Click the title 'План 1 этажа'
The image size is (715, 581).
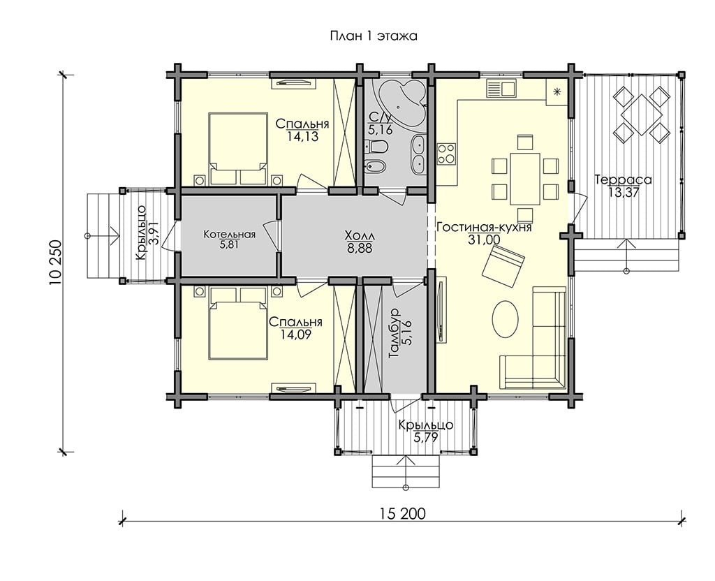(x=374, y=36)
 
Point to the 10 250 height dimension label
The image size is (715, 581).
(x=56, y=263)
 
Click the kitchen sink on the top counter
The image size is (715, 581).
(x=501, y=87)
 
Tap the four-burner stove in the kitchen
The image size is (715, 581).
(x=446, y=154)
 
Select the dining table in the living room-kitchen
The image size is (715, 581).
(x=525, y=179)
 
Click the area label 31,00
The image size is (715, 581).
(x=484, y=240)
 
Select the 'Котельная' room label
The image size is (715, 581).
(x=229, y=235)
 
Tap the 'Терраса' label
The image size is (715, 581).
(x=623, y=180)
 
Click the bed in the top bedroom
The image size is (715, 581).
(x=238, y=149)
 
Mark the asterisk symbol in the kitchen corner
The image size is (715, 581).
(x=556, y=91)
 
